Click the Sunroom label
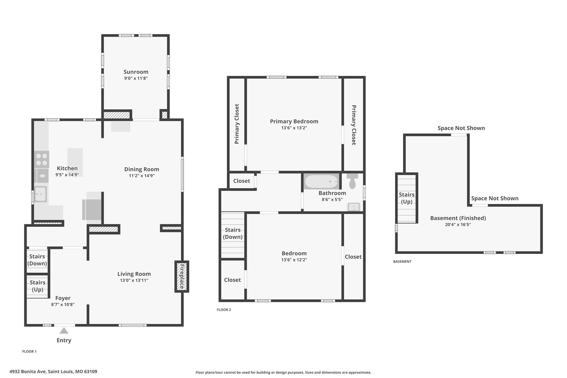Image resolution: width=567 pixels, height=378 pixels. pos(136,72)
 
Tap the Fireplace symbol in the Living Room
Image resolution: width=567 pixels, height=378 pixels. pos(182,276)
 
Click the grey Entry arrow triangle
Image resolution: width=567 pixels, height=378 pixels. pos(64,331)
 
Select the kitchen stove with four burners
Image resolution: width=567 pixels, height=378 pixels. pos(42,160)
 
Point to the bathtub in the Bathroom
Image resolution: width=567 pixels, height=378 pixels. pos(321,182)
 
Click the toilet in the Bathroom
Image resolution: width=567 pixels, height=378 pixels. pos(352,181)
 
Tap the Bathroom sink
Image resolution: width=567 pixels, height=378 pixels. pos(354,207)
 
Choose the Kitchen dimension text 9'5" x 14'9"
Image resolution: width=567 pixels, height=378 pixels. pos(67,175)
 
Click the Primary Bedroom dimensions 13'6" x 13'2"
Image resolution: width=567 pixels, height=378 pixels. pos(294,128)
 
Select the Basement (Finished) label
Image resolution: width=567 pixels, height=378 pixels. pos(458,218)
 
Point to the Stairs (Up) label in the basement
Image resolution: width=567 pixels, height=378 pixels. pos(407,198)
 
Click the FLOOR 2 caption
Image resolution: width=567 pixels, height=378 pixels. pos(224,310)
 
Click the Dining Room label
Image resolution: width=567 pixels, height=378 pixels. pos(142,169)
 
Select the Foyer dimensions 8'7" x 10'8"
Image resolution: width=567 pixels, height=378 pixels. pos(63,305)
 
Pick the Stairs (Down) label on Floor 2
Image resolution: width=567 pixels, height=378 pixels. pos(233,233)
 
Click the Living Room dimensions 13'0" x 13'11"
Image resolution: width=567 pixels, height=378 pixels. pos(134,280)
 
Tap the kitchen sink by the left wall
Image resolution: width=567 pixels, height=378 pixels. pos(41,194)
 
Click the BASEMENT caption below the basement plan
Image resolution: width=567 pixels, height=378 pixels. pos(402,261)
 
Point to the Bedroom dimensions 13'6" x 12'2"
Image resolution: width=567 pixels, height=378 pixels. pos(294,260)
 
